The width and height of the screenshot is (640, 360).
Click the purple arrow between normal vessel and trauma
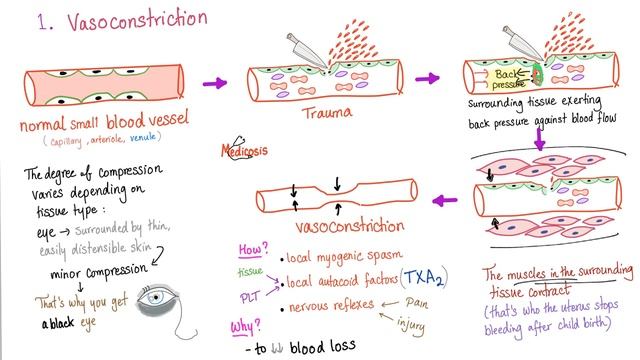tap(212, 83)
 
